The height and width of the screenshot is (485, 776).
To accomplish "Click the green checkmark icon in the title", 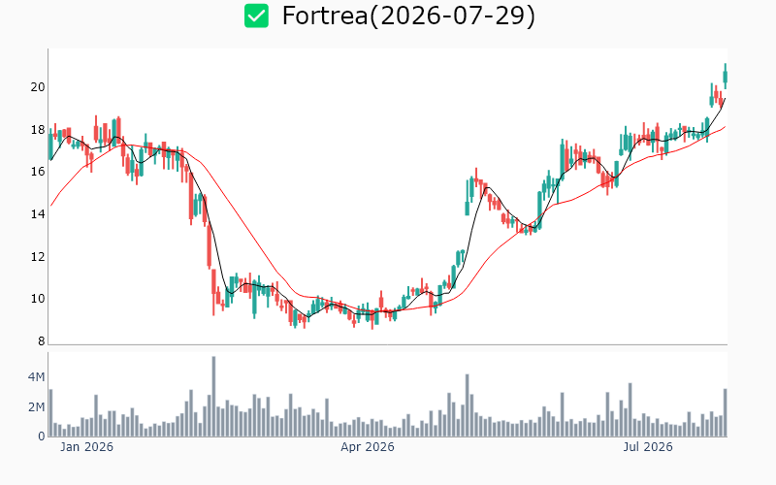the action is click(x=256, y=16).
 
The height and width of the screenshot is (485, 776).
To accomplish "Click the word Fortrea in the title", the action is click(x=325, y=16).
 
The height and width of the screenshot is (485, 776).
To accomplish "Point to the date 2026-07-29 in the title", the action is click(x=453, y=16).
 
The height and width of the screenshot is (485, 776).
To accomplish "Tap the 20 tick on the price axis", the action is click(x=38, y=87).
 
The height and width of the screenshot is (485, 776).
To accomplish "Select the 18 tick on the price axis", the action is click(x=38, y=130).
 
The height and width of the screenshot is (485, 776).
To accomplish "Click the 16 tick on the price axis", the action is click(x=38, y=172).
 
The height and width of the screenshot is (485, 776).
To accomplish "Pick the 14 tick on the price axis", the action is click(x=38, y=214).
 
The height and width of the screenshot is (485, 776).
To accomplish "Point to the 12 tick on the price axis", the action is click(x=38, y=256).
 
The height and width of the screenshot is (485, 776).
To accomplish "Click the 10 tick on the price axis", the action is click(x=38, y=299).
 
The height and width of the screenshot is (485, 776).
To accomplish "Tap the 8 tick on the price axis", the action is click(x=41, y=341).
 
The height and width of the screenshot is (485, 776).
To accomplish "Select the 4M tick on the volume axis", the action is click(x=36, y=377).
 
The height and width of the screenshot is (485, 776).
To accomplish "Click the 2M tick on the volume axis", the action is click(x=36, y=406).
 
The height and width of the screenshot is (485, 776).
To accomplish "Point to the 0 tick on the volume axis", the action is click(x=42, y=436).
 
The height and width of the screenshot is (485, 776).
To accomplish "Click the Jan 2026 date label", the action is click(x=86, y=447).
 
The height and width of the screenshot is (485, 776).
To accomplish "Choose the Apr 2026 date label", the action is click(x=368, y=447).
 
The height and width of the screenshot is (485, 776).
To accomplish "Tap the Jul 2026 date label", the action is click(x=648, y=447).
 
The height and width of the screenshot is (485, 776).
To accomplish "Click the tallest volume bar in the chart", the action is click(x=213, y=397).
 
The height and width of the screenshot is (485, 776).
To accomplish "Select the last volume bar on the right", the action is click(x=726, y=413).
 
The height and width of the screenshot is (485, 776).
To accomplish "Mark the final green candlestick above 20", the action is click(x=726, y=77).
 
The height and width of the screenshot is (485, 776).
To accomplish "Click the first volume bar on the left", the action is click(x=50, y=413).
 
